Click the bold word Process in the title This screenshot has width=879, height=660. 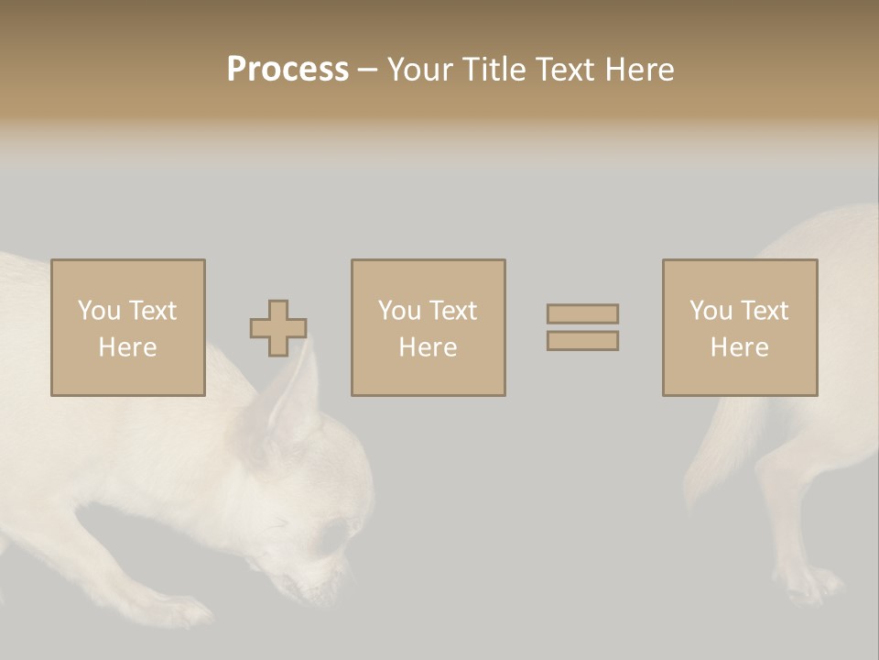(288, 70)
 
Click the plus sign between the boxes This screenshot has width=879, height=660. (278, 328)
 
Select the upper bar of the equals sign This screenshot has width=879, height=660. (582, 313)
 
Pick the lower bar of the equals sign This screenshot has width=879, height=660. (582, 341)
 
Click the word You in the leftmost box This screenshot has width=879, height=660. (98, 311)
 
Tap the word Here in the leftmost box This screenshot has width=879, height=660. (128, 347)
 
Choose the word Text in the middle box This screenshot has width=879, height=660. (452, 311)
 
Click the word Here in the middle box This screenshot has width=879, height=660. (429, 347)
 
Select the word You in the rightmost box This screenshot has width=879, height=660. (710, 311)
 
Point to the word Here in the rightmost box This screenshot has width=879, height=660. (740, 347)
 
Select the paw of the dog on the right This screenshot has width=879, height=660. (810, 583)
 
